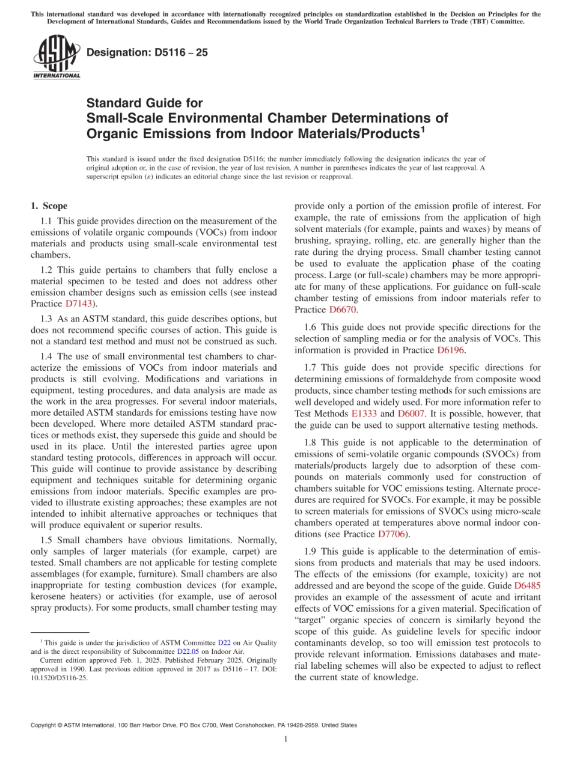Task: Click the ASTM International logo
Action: (56, 57)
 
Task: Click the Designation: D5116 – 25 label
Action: (147, 52)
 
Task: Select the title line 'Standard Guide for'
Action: (145, 103)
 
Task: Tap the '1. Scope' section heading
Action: (49, 206)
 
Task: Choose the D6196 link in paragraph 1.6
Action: (450, 349)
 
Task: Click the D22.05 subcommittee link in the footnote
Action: (188, 651)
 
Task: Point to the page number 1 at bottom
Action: (285, 739)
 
